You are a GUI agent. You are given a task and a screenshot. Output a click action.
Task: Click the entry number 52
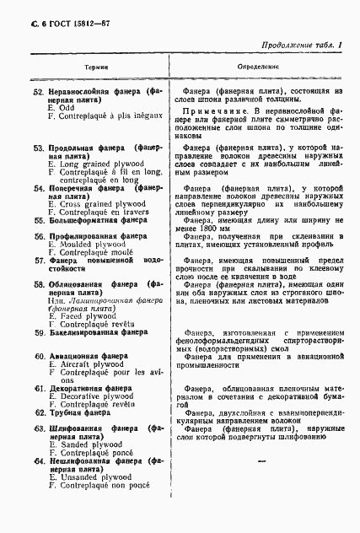tap(38, 90)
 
